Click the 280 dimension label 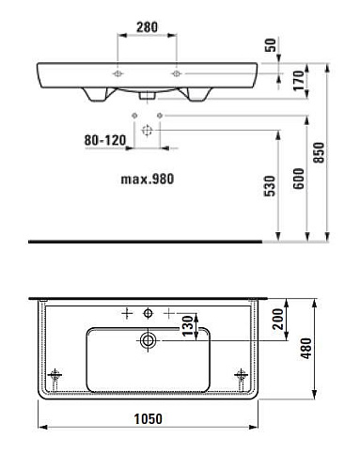tap(147, 27)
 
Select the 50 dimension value tap(271, 45)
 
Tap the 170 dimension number tap(299, 81)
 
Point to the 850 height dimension tap(319, 152)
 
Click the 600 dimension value tap(299, 179)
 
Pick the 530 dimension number tap(270, 186)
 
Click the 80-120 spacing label tap(105, 140)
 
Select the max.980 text tap(148, 179)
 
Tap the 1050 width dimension tap(149, 419)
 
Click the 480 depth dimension tap(306, 348)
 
